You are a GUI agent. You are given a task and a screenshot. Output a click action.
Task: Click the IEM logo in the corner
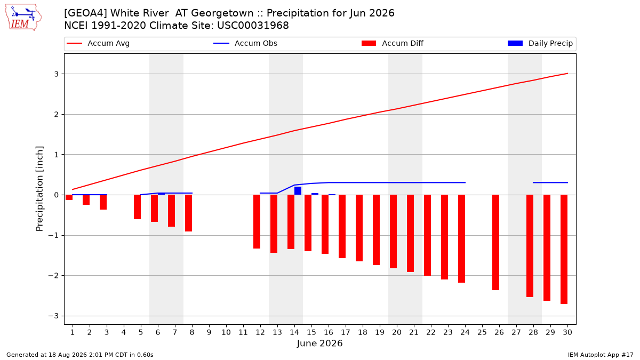coord(23,18)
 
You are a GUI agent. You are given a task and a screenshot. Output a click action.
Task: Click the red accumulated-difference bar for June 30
coord(564,249)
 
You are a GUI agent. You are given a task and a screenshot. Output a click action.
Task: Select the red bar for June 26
coord(495,242)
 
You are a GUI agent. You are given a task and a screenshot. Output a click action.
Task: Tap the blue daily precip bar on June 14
coord(298,190)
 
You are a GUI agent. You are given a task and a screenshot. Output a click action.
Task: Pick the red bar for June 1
coord(69,197)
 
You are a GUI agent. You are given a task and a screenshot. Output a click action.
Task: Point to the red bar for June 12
coord(257,221)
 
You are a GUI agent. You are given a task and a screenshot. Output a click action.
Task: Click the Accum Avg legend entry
coord(98,43)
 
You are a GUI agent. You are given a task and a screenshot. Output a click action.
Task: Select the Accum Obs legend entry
coord(245,43)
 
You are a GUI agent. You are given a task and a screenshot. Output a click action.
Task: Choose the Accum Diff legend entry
coord(393,43)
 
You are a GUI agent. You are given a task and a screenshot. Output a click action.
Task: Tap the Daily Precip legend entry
coord(540,43)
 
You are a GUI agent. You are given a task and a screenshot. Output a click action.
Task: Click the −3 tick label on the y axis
coord(53,316)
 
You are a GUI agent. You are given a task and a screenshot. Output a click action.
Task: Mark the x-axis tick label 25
coord(482,332)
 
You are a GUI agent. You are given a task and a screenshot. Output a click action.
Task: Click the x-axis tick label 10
coord(226,332)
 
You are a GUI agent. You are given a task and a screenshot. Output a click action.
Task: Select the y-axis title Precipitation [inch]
coord(39,189)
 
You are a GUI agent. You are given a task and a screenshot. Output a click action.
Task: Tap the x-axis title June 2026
coord(319,343)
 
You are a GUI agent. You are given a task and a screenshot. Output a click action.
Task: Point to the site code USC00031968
coord(253,26)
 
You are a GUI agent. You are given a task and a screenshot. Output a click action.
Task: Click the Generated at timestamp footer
coord(79,355)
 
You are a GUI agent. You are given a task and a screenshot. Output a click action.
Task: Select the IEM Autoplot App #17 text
coord(601,355)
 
